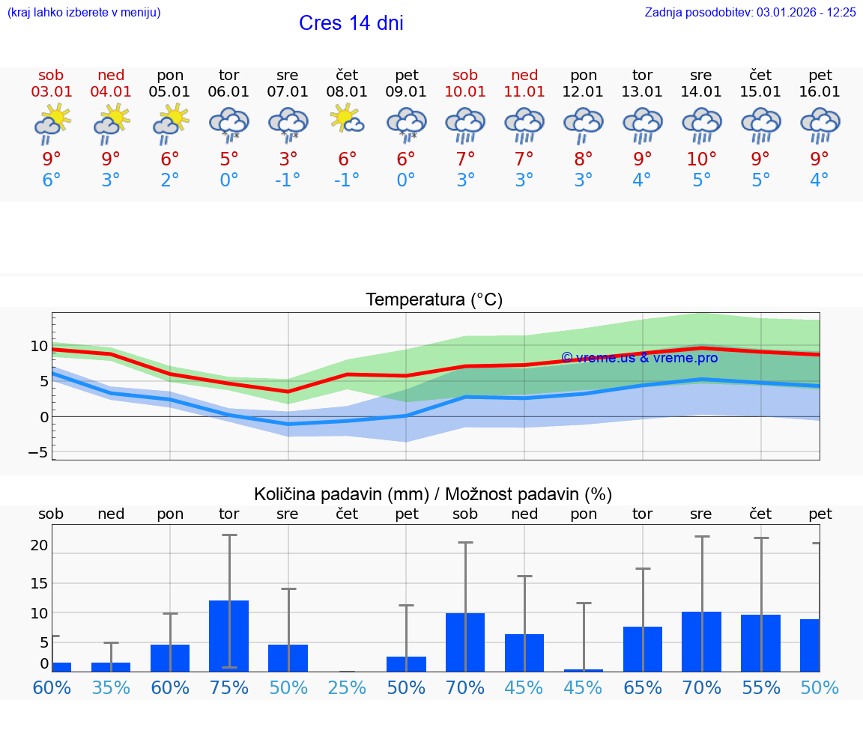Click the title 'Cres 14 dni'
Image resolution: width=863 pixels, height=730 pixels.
[x=351, y=23]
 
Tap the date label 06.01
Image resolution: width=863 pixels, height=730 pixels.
[x=228, y=91]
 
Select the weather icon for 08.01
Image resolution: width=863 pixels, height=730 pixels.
[x=347, y=120]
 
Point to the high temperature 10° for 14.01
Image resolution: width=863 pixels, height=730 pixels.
[x=701, y=159]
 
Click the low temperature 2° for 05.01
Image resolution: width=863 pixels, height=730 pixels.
[x=170, y=180]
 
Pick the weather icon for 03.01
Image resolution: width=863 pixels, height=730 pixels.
[x=52, y=123]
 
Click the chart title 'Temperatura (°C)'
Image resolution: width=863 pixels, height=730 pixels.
[x=434, y=300]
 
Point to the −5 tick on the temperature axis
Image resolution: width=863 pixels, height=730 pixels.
[x=37, y=452]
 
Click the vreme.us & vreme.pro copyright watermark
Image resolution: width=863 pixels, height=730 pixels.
[x=639, y=358]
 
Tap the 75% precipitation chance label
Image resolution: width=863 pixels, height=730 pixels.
[x=228, y=688]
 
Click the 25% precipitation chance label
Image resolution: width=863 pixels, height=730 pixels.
[x=347, y=688]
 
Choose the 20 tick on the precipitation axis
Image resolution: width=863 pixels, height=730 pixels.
[x=39, y=546]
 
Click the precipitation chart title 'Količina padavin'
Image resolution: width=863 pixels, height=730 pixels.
[x=341, y=494]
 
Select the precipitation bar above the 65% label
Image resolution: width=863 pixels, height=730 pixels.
[x=642, y=648]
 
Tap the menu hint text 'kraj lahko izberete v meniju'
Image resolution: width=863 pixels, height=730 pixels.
[x=84, y=12]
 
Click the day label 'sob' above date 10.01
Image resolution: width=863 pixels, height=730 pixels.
[x=464, y=75]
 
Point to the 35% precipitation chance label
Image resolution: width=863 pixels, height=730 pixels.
[x=111, y=688]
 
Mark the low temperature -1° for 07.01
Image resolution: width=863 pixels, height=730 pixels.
[x=288, y=180]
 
